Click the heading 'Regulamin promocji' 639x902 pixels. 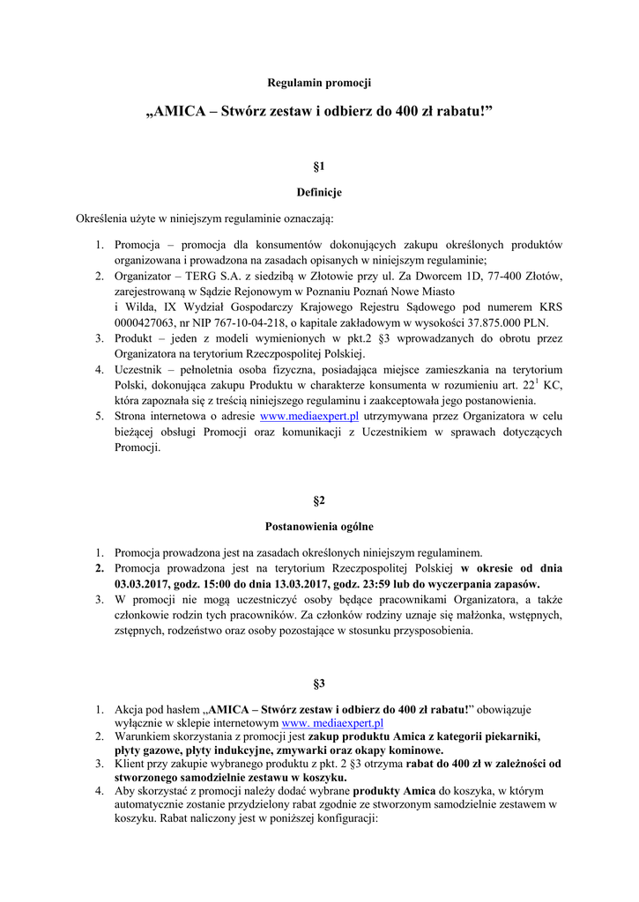pyautogui.click(x=319, y=83)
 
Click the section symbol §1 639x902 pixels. pyautogui.click(x=319, y=166)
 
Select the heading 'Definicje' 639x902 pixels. pyautogui.click(x=319, y=192)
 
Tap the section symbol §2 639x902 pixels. pyautogui.click(x=319, y=500)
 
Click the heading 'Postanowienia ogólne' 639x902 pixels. pyautogui.click(x=319, y=527)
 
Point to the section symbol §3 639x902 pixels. pyautogui.click(x=319, y=684)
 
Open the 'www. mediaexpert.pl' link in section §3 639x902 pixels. pyautogui.click(x=332, y=722)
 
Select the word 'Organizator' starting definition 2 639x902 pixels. pyautogui.click(x=145, y=276)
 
